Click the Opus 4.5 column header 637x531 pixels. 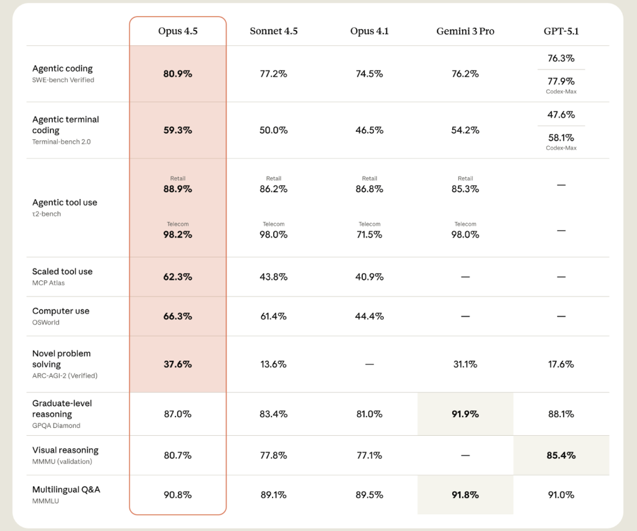coord(178,31)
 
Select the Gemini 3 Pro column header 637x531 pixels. coord(465,31)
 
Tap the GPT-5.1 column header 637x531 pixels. coord(560,31)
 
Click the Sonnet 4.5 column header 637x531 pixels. coord(274,31)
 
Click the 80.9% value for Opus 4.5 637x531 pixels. coord(178,73)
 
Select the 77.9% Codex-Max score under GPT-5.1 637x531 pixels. coord(560,81)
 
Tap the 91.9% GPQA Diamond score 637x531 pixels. coord(465,413)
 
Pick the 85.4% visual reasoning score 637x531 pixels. coord(560,455)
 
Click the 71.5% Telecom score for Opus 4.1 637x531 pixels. coord(370,234)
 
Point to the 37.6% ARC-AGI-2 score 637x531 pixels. coord(178,364)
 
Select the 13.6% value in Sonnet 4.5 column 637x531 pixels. coord(274,364)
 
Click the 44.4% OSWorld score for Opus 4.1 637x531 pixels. coord(370,316)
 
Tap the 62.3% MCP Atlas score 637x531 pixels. coord(178,277)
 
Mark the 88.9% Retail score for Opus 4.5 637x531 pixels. coord(178,188)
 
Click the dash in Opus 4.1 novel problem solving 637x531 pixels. coord(370,364)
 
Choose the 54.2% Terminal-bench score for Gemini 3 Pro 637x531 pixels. coord(465,130)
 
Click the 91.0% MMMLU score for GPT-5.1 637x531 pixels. coord(560,495)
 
